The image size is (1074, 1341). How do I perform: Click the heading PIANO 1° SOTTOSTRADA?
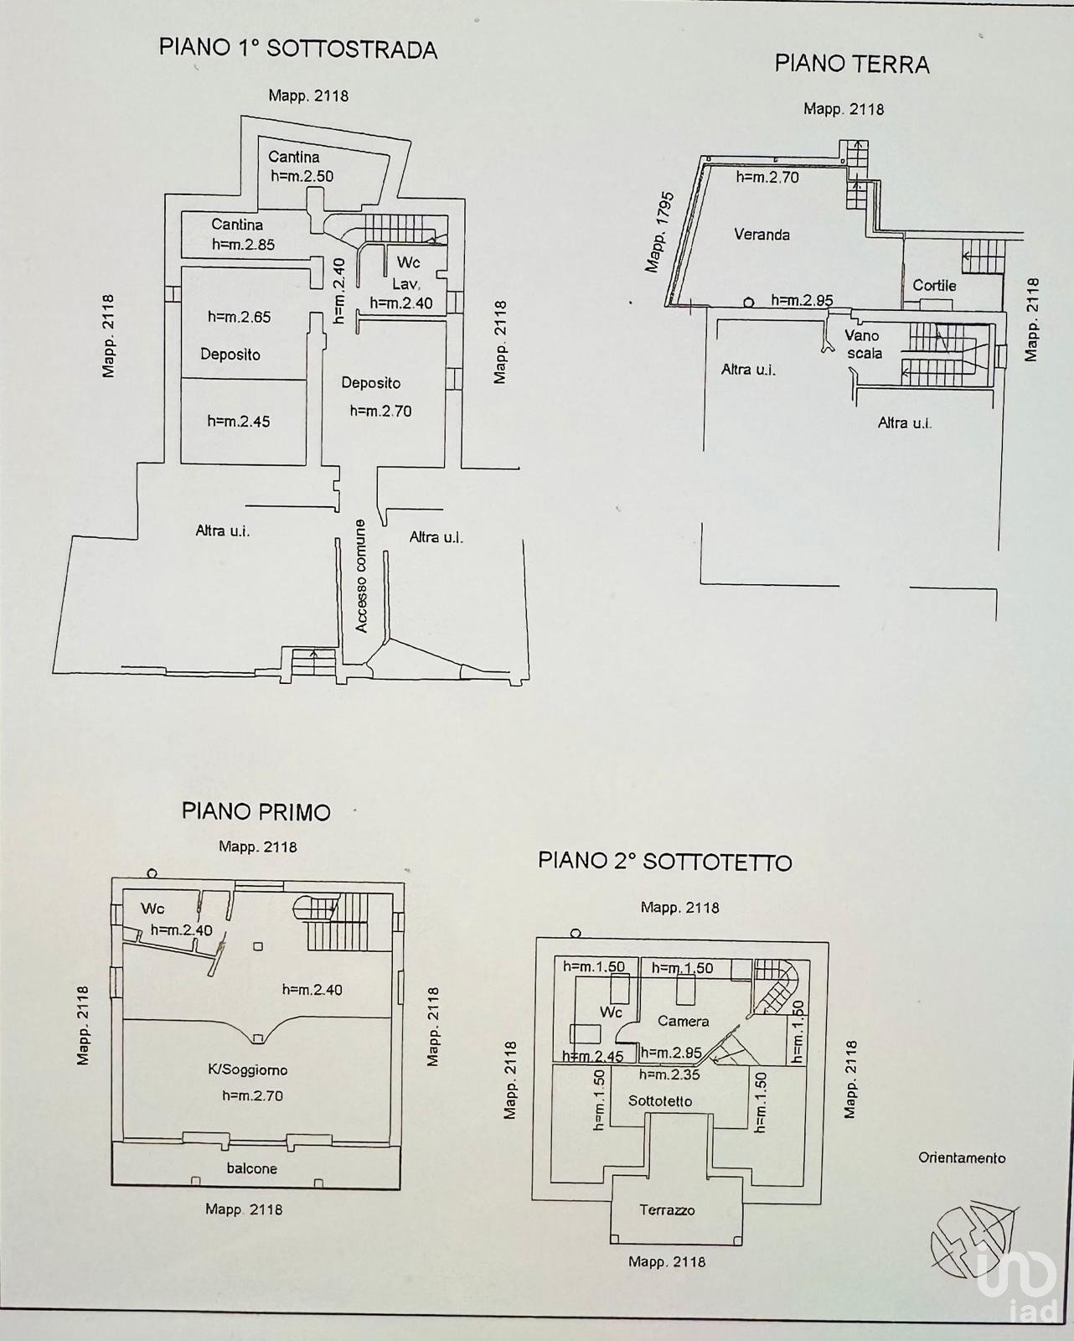point(297,49)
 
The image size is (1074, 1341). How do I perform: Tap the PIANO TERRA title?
point(852,65)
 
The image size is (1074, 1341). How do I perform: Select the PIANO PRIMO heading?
point(256,811)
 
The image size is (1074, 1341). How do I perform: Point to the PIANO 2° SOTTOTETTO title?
point(664,862)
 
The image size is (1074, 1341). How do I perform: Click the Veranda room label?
point(762,235)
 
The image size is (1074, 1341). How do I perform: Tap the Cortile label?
point(934,286)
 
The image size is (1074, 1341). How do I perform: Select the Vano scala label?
point(864,344)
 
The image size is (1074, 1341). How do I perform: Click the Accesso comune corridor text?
point(361,576)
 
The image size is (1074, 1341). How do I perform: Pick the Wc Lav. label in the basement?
point(407,273)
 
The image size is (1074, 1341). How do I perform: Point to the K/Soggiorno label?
point(248,1070)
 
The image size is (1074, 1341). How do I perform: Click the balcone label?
point(251,1168)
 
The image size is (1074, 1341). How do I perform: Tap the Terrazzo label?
point(667,1228)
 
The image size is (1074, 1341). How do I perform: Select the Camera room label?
point(684,1022)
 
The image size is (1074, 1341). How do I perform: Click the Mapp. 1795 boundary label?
point(659,232)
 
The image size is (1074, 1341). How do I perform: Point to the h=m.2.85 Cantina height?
point(243,245)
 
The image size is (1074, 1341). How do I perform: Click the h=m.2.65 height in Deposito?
point(240,317)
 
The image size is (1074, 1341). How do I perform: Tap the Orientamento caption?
point(962,1157)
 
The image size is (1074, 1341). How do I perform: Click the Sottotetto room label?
point(660,1101)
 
